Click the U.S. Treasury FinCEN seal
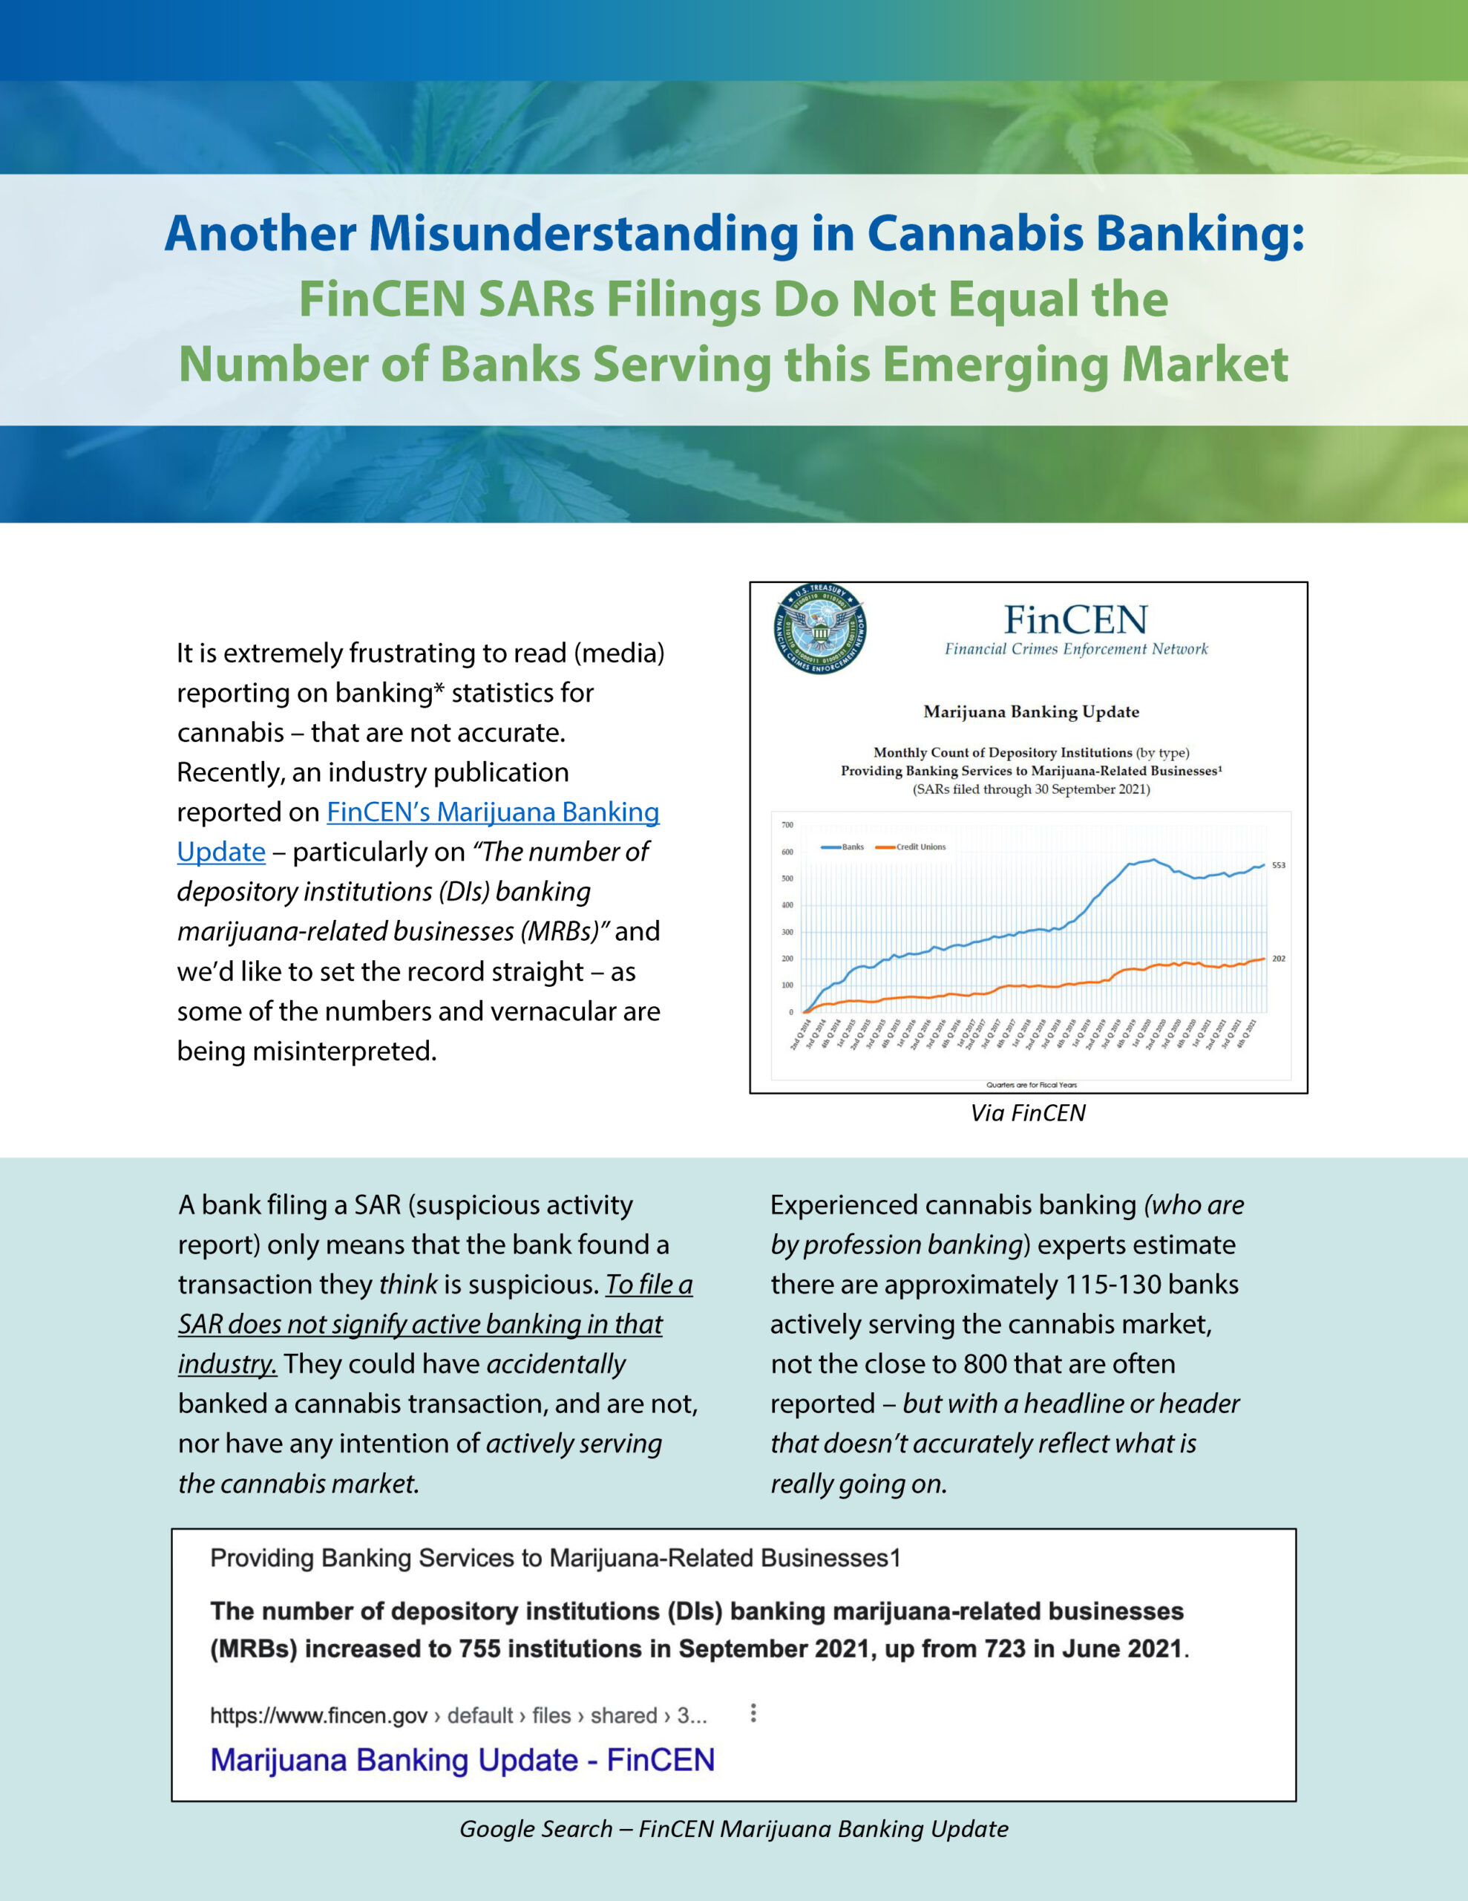pos(819,628)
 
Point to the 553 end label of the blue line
pos(1278,865)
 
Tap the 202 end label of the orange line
pos(1278,959)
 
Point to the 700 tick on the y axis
pos(787,825)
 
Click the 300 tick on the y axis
pos(787,932)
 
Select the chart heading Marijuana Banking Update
pos(1030,712)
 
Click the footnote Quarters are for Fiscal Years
pos(1031,1085)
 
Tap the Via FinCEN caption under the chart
pos(1028,1113)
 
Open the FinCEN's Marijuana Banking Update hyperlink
pos(493,812)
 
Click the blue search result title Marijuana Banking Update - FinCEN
pos(462,1760)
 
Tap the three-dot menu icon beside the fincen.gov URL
pos(753,1713)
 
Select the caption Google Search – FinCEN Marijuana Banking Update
pos(733,1829)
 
